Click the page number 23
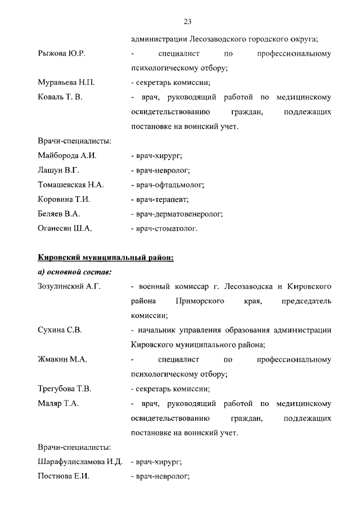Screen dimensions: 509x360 click(x=188, y=22)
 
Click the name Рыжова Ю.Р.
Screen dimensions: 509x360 click(x=61, y=53)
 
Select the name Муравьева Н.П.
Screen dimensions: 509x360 click(x=66, y=83)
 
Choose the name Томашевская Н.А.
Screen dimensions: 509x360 click(x=71, y=184)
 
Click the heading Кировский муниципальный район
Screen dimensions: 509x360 click(x=105, y=258)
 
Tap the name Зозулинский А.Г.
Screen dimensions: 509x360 click(x=69, y=287)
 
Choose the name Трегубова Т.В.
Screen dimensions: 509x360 click(x=65, y=389)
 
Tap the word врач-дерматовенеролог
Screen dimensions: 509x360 click(x=178, y=214)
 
